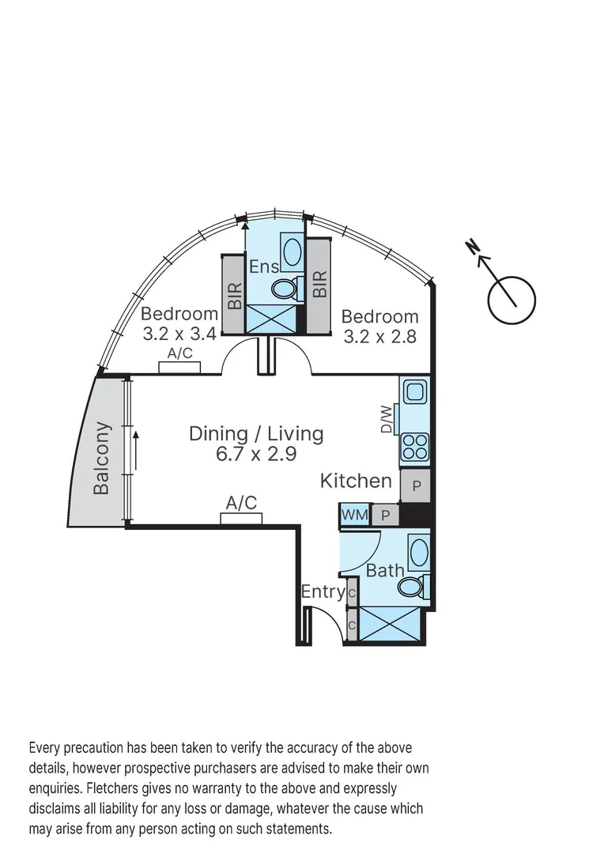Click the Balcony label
(x=101, y=459)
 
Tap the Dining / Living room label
(x=256, y=433)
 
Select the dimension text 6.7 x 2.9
(x=256, y=454)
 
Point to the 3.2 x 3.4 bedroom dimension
(x=179, y=334)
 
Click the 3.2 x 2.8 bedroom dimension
(x=379, y=336)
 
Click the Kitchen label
(x=356, y=481)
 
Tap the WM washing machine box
(x=355, y=515)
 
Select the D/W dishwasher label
(x=386, y=419)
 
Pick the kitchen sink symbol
(x=415, y=391)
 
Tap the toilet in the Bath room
(x=411, y=587)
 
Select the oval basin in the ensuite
(x=292, y=252)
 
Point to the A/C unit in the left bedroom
(x=179, y=366)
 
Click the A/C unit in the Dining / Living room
(x=241, y=518)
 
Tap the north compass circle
(x=512, y=300)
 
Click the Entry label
(x=323, y=591)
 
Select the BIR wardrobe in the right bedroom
(x=319, y=285)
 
